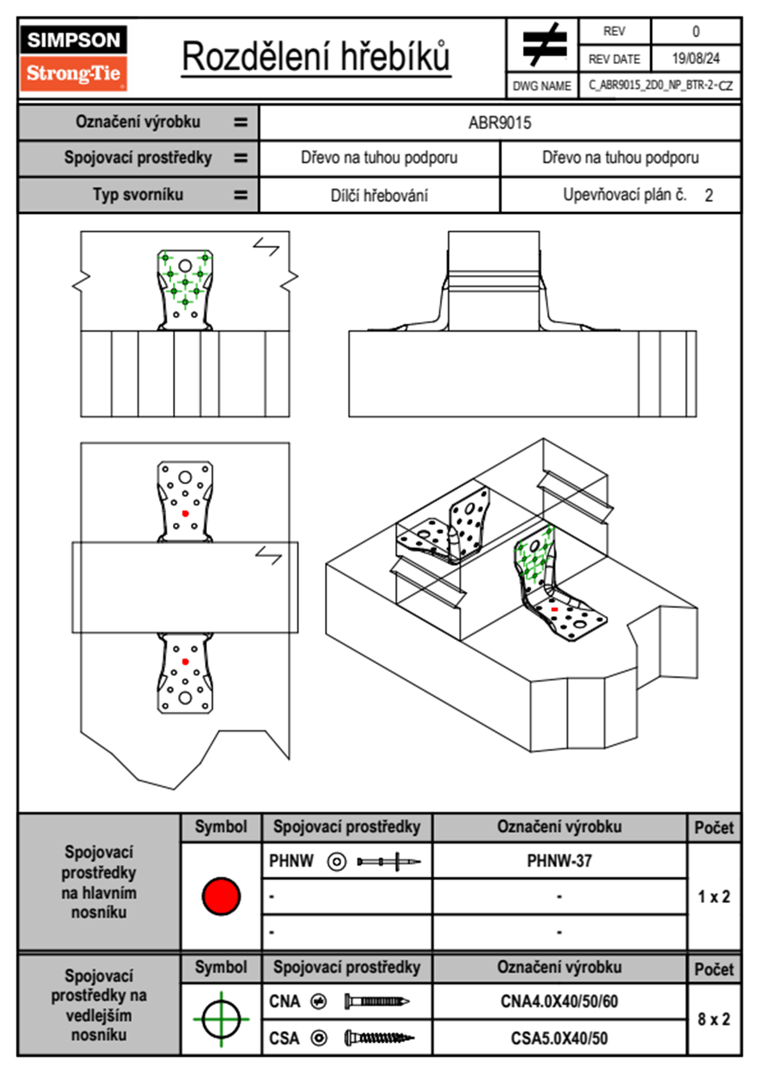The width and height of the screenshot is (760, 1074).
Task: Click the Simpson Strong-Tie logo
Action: (73, 58)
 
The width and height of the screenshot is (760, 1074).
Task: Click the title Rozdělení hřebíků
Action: (316, 57)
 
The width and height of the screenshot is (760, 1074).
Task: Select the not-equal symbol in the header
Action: (543, 45)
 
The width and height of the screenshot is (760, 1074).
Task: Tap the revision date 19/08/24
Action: (695, 59)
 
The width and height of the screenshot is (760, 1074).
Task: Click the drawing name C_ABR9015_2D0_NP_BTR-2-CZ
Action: (660, 85)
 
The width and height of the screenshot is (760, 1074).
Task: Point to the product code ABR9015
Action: (499, 123)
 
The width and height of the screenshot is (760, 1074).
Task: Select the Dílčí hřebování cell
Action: (379, 195)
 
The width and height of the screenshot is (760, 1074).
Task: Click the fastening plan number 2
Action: (708, 195)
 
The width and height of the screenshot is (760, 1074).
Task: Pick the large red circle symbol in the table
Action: (221, 896)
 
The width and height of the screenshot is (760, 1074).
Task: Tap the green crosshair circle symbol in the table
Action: (221, 1019)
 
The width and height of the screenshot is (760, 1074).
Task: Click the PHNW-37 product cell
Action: (559, 861)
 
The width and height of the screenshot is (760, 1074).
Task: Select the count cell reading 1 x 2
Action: (713, 896)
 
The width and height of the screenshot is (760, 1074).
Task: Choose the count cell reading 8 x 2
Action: (713, 1019)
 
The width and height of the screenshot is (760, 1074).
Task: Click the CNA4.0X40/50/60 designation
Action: (559, 1001)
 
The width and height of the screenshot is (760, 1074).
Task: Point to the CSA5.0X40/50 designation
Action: (559, 1038)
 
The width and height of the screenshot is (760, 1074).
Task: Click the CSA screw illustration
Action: (379, 1038)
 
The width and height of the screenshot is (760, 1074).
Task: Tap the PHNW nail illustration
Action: (388, 861)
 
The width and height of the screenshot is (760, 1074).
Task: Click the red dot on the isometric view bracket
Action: (554, 610)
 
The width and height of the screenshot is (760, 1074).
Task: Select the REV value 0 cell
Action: (695, 31)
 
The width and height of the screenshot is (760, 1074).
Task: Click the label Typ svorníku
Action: (138, 195)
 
